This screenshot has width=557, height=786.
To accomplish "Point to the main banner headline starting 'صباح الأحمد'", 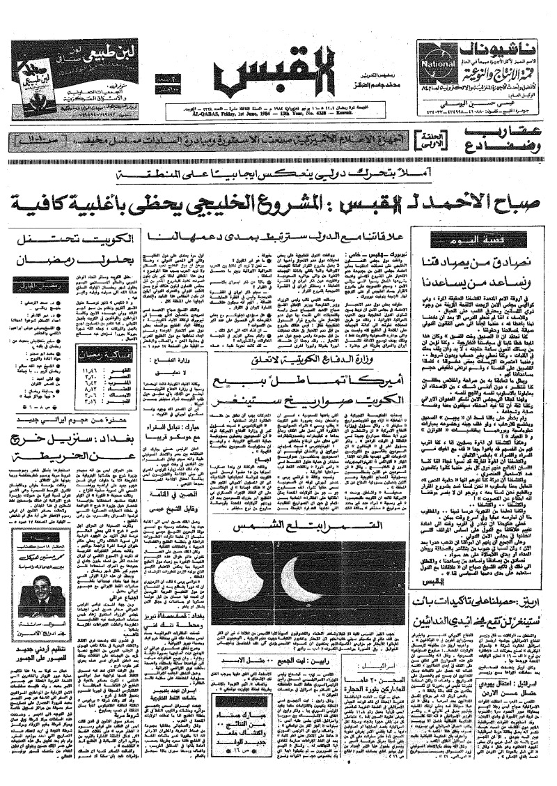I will tap(278, 204).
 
